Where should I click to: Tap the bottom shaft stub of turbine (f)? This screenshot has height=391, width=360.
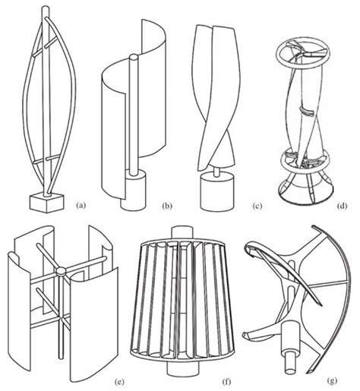click(x=185, y=374)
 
